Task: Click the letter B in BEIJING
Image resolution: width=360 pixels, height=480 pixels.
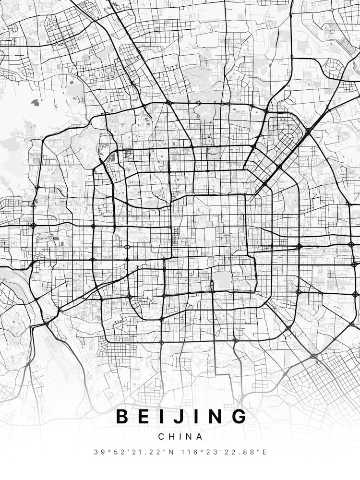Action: pyautogui.click(x=122, y=416)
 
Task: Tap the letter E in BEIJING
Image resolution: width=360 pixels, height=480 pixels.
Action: pyautogui.click(x=144, y=416)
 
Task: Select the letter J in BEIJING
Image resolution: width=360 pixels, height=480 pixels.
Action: pyautogui.click(x=177, y=416)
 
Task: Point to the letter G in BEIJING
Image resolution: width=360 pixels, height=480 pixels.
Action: pyautogui.click(x=239, y=416)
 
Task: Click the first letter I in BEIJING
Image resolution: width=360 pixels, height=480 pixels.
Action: pyautogui.click(x=161, y=416)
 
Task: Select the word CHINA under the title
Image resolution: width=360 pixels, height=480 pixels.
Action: pyautogui.click(x=180, y=437)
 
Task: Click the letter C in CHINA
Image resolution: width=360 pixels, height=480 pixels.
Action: pyautogui.click(x=161, y=437)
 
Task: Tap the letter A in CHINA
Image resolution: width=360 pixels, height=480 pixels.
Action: pyautogui.click(x=200, y=437)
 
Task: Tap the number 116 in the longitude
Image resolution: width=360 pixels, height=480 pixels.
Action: pyautogui.click(x=188, y=452)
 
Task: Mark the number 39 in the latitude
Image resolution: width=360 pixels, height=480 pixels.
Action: pyautogui.click(x=98, y=452)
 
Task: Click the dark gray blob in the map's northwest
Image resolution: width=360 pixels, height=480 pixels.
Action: pyautogui.click(x=35, y=103)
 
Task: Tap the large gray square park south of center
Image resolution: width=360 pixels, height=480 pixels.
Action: pyautogui.click(x=222, y=280)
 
